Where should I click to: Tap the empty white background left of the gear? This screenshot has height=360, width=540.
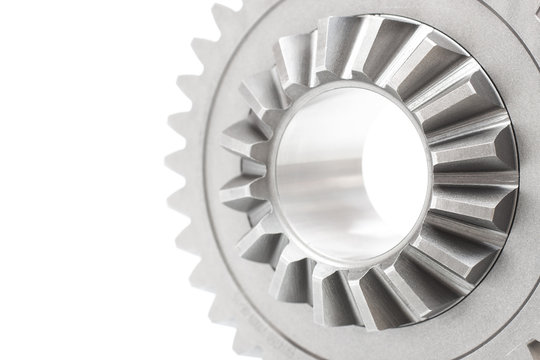click(x=80, y=180)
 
